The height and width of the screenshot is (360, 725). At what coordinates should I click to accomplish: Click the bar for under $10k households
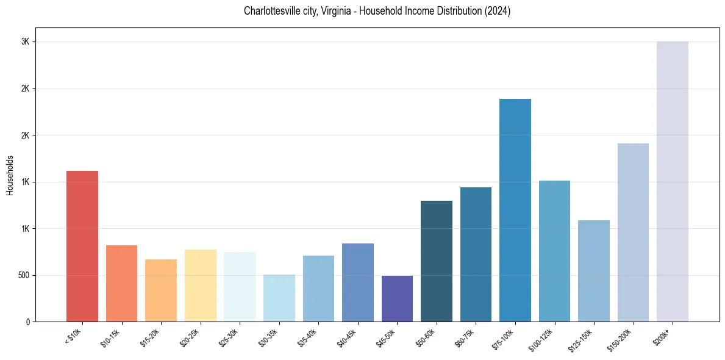point(82,246)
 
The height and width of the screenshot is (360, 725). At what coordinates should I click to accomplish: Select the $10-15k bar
point(121,283)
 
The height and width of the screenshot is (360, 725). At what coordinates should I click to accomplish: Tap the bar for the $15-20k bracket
point(161,290)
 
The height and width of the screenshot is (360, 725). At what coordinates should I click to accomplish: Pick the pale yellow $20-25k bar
point(200,286)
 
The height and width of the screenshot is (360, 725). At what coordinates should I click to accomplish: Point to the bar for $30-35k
point(279,298)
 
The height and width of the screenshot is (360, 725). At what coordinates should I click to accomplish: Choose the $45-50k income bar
point(397,298)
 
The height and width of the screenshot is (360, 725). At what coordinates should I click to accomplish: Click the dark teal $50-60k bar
point(437,261)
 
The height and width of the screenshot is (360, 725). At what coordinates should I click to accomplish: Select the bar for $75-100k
point(515,210)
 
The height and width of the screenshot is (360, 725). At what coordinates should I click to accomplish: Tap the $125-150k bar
point(594,271)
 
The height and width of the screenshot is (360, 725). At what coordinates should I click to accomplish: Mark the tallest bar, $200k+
point(673,181)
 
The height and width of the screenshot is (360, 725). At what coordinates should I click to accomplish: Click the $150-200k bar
point(633,232)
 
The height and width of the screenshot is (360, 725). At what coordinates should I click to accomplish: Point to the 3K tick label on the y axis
point(25,41)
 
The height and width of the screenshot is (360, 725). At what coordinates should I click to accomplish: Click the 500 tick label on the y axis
point(23,275)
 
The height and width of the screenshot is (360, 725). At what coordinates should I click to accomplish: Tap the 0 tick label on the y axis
point(28,322)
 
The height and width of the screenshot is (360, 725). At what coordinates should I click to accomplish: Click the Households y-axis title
point(10,175)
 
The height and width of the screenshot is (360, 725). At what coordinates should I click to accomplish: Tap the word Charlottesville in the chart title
point(273,11)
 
